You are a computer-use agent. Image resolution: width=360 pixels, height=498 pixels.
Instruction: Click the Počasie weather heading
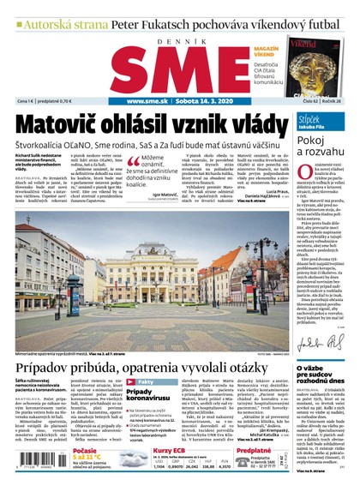tap(91, 451)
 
